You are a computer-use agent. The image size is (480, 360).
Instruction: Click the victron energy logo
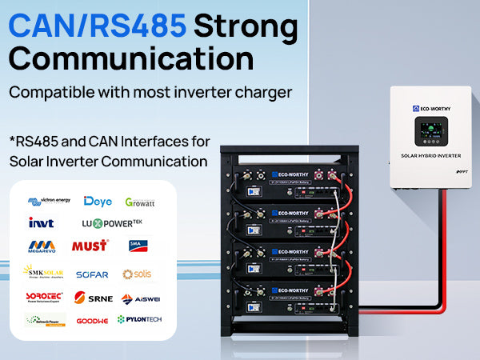click(x=50, y=202)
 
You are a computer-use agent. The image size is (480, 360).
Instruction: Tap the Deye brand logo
click(x=98, y=202)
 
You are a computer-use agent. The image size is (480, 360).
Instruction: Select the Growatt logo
click(x=140, y=202)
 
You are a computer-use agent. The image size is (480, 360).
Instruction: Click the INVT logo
click(x=42, y=222)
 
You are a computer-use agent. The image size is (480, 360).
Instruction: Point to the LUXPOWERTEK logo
click(x=112, y=222)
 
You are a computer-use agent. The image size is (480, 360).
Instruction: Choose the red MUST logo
click(x=90, y=246)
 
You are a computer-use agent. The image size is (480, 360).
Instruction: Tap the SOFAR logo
click(x=92, y=274)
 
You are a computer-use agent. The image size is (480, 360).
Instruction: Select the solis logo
click(x=137, y=274)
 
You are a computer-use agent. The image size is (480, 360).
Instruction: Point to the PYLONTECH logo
click(x=138, y=319)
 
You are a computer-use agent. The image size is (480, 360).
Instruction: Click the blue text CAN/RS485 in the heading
click(x=98, y=27)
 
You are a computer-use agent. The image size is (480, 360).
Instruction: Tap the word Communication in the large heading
click(x=132, y=59)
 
